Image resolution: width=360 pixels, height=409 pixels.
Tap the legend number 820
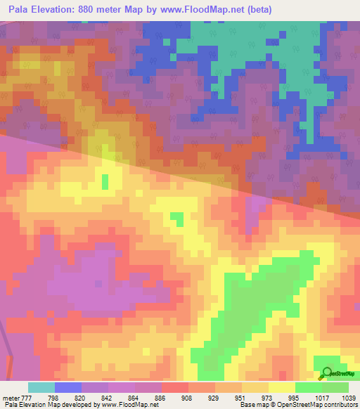tap(89, 397)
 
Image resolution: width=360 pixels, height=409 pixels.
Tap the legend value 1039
tap(349, 397)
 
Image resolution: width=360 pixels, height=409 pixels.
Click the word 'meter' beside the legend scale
tap(11, 397)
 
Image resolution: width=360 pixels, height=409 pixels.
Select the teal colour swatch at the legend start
tap(41, 387)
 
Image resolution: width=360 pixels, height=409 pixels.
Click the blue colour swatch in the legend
tap(68, 387)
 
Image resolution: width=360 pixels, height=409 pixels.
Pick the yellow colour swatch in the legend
tap(282, 387)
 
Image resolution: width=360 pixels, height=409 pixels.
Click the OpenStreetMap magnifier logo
tap(326, 373)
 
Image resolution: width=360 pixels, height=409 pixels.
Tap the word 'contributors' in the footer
tap(340, 405)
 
